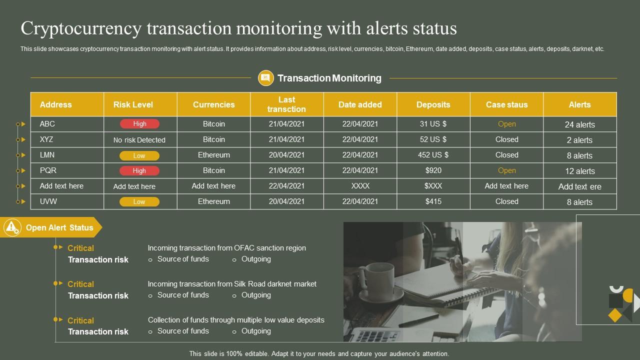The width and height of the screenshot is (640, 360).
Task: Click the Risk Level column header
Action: pos(133,104)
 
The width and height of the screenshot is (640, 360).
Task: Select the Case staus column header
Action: pos(506,104)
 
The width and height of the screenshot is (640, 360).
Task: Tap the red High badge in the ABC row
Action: pos(139,124)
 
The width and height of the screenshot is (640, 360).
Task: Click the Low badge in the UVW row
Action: pos(139,202)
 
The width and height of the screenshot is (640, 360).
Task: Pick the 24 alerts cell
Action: pos(579,124)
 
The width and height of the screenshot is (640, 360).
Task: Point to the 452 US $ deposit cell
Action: pos(433,155)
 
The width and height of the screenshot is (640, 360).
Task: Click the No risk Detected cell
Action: pos(139,140)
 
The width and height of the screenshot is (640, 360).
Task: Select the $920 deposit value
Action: pos(433,170)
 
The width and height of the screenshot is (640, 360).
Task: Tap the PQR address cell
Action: pos(48,170)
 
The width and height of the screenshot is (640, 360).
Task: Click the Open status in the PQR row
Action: pos(506,170)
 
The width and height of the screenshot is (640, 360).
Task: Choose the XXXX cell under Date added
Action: pos(360,186)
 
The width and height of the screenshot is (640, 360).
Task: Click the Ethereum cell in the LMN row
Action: pos(213,155)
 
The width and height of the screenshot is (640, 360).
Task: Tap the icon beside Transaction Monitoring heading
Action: pos(265,78)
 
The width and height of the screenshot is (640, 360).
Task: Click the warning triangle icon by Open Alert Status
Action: pos(12,227)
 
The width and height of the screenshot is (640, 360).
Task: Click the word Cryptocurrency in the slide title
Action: pos(81,28)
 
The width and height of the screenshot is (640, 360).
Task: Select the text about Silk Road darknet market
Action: pos(232,284)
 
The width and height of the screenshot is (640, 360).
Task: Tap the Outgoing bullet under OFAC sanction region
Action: pos(255,259)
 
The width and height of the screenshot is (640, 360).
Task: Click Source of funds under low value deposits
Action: pos(183,331)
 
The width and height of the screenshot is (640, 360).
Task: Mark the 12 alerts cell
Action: pos(579,171)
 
